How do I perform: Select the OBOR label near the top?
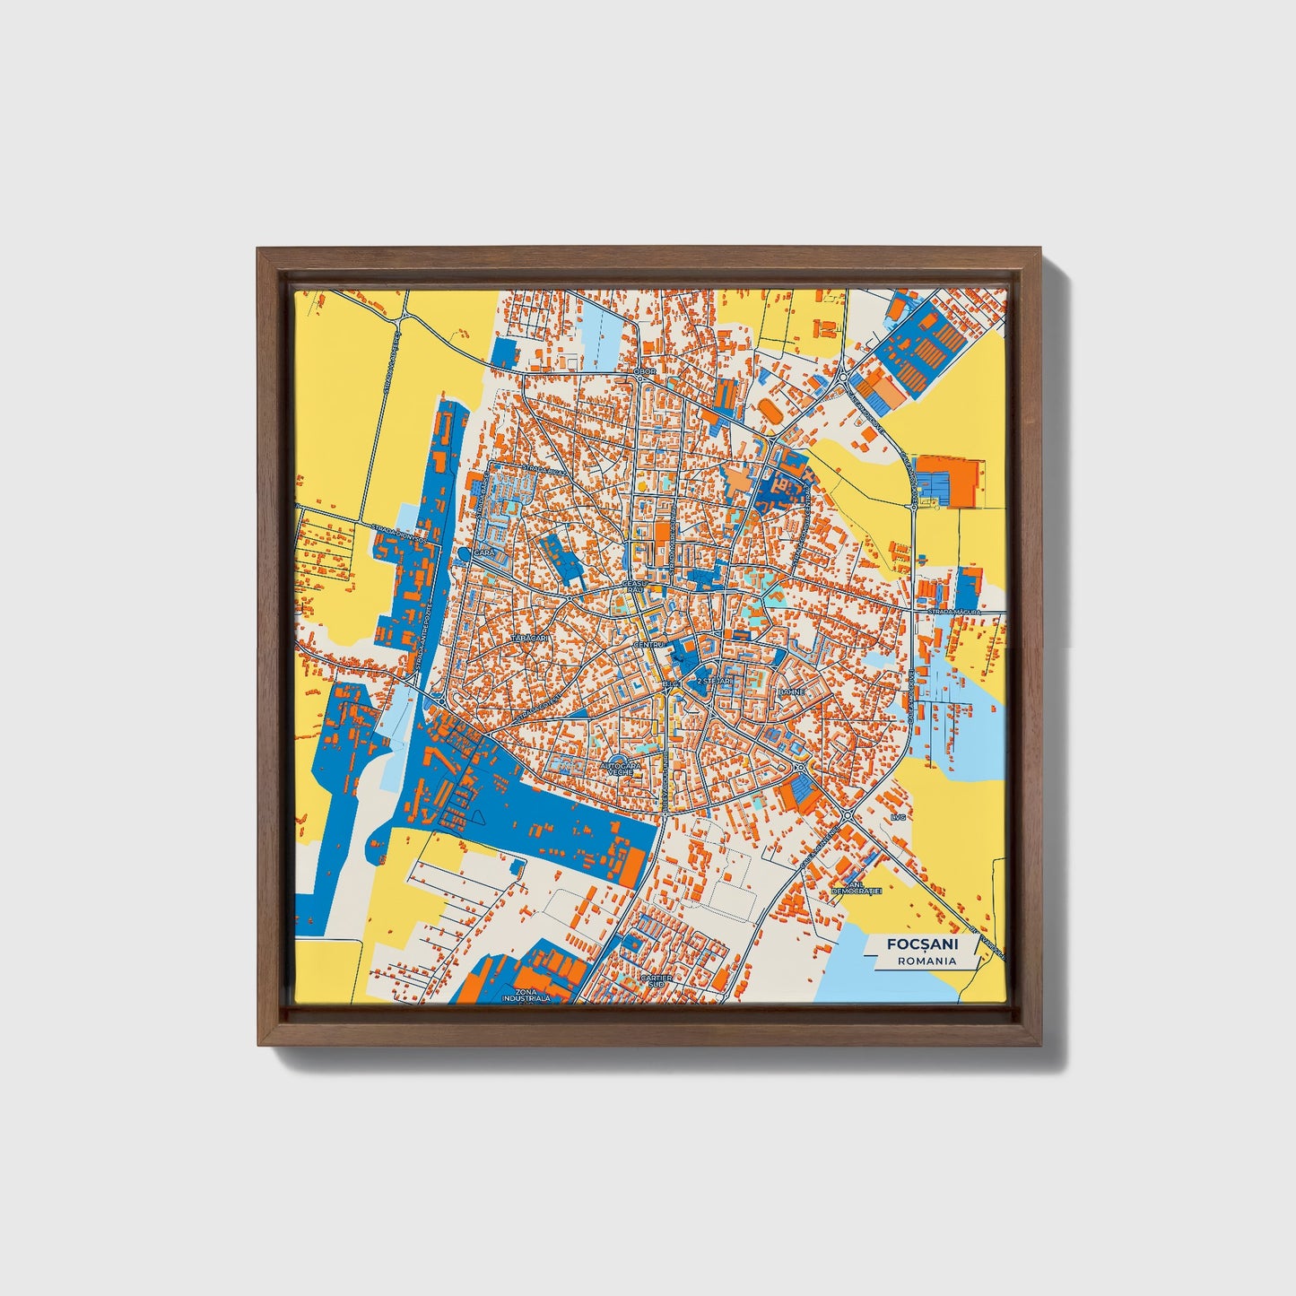(x=644, y=370)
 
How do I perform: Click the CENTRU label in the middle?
(x=647, y=645)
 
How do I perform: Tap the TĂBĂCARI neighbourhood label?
(x=527, y=637)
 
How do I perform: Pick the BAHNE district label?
(x=791, y=692)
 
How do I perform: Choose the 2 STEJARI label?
(x=716, y=681)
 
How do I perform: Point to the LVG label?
(x=899, y=818)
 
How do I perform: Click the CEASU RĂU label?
(x=634, y=587)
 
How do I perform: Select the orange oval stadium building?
(x=770, y=410)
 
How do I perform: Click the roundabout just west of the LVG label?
(x=847, y=815)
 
